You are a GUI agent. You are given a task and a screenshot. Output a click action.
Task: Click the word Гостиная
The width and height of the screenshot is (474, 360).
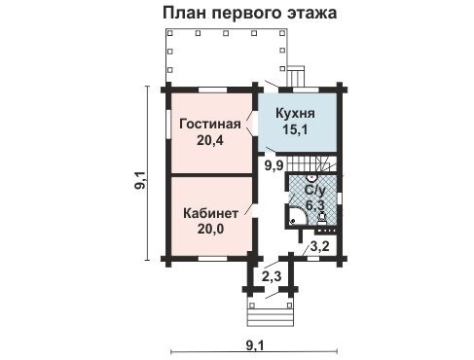coord(207,124)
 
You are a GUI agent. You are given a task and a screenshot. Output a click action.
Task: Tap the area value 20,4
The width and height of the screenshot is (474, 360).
coord(207,140)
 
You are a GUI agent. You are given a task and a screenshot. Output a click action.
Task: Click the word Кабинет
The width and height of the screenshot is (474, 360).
coord(208,211)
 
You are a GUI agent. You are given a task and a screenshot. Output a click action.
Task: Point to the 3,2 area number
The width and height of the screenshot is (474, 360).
coord(318,247)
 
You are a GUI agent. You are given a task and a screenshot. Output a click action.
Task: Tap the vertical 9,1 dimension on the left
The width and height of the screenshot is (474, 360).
coord(139,179)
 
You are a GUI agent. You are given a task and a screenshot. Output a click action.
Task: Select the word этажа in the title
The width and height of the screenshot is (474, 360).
coord(311,14)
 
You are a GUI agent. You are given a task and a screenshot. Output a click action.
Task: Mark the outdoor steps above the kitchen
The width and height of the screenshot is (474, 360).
coord(297,76)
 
